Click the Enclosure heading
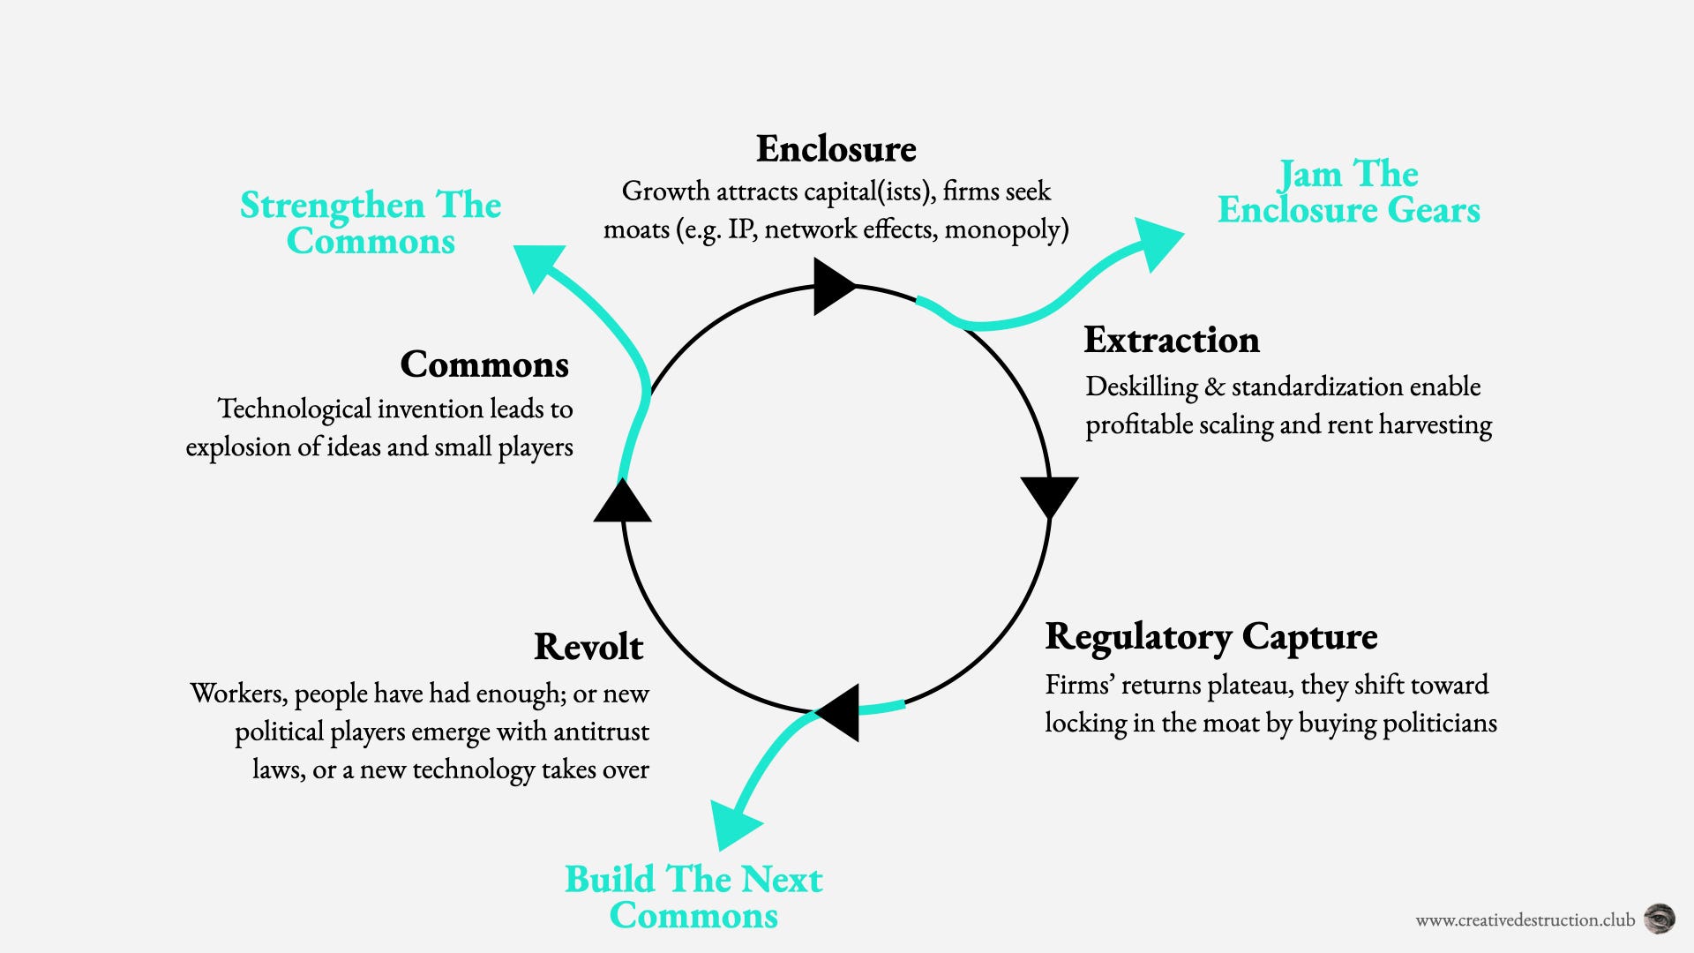[836, 148]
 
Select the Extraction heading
[1172, 340]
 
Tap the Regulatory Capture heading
[1211, 637]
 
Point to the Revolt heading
[588, 647]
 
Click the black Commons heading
[484, 364]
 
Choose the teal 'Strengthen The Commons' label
[371, 223]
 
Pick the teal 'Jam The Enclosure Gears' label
[1349, 191]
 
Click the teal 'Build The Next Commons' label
[693, 897]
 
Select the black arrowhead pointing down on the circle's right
[1049, 497]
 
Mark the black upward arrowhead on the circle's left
[623, 500]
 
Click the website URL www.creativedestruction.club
[1525, 920]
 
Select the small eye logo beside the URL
[1660, 919]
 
